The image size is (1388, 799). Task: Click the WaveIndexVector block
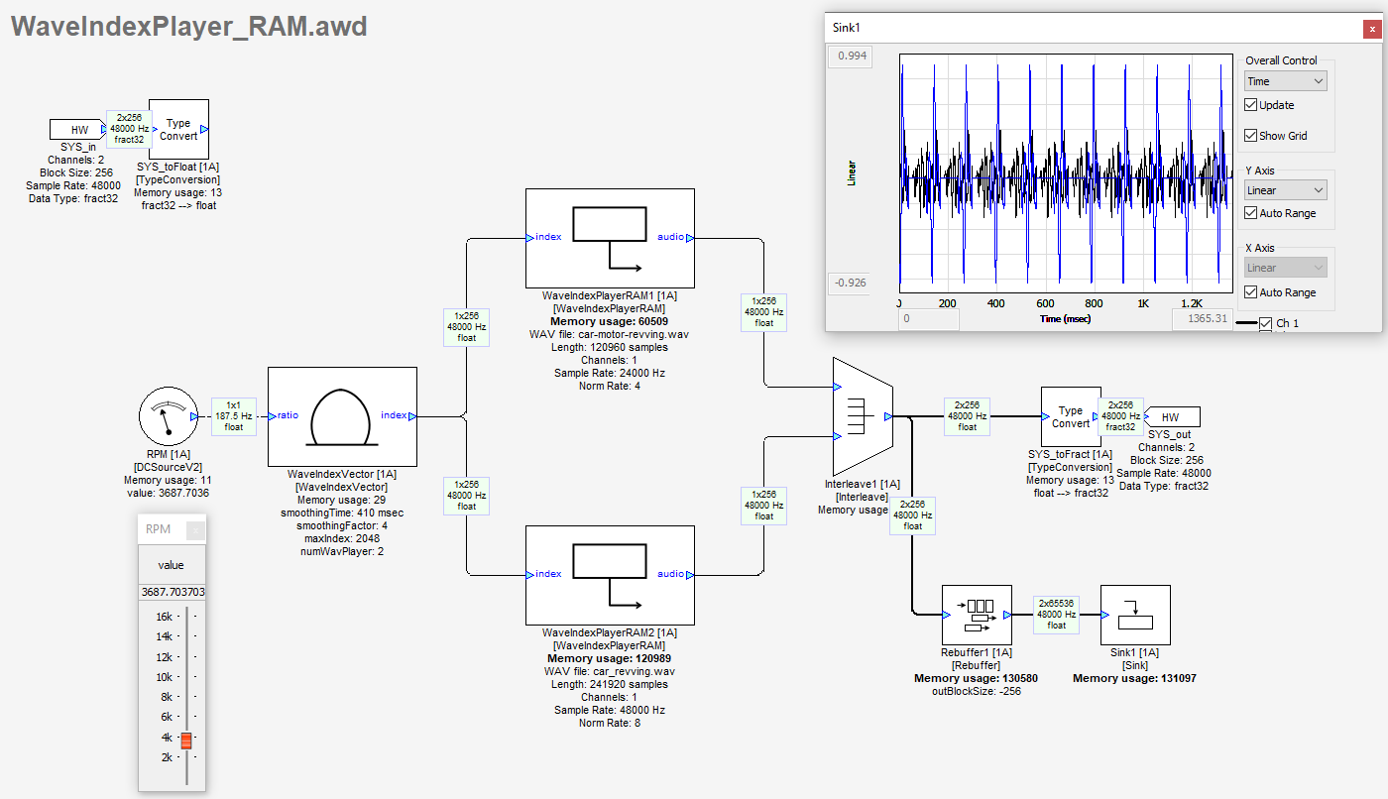pyautogui.click(x=342, y=416)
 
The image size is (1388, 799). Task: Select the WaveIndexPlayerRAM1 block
pyautogui.click(x=610, y=238)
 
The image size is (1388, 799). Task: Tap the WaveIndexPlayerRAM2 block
pyautogui.click(x=610, y=575)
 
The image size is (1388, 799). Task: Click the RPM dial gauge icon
pyautogui.click(x=166, y=416)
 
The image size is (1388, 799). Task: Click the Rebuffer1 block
pyautogui.click(x=977, y=616)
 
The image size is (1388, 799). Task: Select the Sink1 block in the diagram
pyautogui.click(x=1135, y=616)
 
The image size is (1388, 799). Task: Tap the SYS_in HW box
pyautogui.click(x=78, y=129)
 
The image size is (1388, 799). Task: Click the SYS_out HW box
pyautogui.click(x=1171, y=416)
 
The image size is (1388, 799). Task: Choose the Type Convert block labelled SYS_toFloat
pyautogui.click(x=178, y=129)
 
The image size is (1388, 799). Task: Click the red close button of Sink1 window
pyautogui.click(x=1370, y=29)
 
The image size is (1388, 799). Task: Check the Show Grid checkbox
pyautogui.click(x=1251, y=136)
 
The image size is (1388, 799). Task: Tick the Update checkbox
pyautogui.click(x=1251, y=105)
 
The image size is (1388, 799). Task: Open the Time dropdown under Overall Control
pyautogui.click(x=1285, y=81)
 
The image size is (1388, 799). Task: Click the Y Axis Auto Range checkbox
pyautogui.click(x=1251, y=213)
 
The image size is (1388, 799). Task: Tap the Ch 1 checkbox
pyautogui.click(x=1265, y=323)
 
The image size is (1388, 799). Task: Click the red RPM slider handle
pyautogui.click(x=185, y=740)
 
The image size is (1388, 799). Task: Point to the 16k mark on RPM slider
pyautogui.click(x=164, y=616)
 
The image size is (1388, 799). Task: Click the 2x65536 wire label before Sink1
pyautogui.click(x=1057, y=614)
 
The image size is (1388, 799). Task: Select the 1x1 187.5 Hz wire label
pyautogui.click(x=234, y=415)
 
